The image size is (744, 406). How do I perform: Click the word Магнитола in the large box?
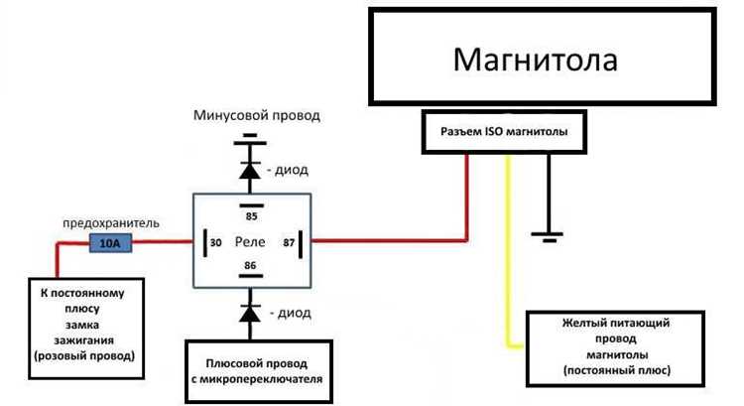535,59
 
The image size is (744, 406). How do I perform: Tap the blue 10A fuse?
109,241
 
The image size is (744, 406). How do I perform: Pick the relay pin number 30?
215,241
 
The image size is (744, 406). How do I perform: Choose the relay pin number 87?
288,241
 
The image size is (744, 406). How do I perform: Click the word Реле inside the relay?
250,241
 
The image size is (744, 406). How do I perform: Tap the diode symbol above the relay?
251,169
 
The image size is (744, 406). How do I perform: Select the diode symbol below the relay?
251,312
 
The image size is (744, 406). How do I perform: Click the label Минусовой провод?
257,116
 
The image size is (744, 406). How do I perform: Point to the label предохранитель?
110,222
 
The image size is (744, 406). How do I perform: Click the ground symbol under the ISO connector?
547,235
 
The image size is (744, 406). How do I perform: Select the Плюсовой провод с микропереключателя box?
257,369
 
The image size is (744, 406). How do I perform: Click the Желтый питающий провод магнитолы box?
616,346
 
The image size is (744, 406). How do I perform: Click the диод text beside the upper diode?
292,170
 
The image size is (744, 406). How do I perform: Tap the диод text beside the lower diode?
292,313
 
